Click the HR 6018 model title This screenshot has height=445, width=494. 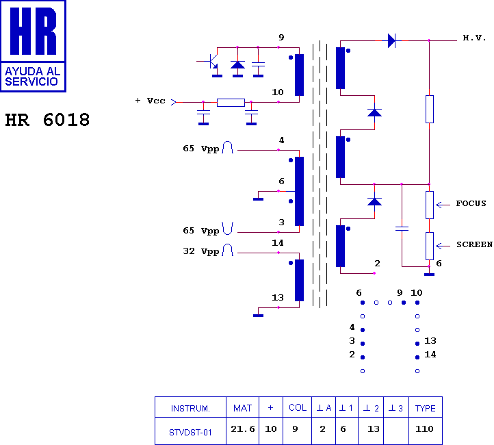[47, 120]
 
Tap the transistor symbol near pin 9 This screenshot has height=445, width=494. [213, 61]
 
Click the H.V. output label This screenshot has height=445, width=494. [474, 38]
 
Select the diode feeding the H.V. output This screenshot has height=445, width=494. [391, 40]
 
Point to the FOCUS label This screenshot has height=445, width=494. [471, 203]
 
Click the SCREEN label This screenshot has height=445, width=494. [474, 244]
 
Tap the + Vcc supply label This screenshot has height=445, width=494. [150, 101]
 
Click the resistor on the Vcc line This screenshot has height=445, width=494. [231, 103]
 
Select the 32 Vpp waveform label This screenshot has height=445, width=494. [201, 251]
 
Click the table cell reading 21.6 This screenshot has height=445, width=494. [243, 429]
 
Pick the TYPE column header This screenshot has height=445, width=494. [426, 409]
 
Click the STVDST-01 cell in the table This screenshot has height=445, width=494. [190, 433]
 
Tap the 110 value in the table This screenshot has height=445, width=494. [424, 429]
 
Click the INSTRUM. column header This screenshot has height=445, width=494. [190, 409]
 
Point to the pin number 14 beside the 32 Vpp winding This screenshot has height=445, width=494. [278, 243]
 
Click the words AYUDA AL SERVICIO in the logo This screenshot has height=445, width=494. [32, 77]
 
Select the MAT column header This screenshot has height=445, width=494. [242, 409]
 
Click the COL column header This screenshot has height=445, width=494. [298, 408]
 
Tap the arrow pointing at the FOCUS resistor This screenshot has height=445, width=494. [443, 205]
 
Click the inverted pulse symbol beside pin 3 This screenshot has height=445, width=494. [227, 229]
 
